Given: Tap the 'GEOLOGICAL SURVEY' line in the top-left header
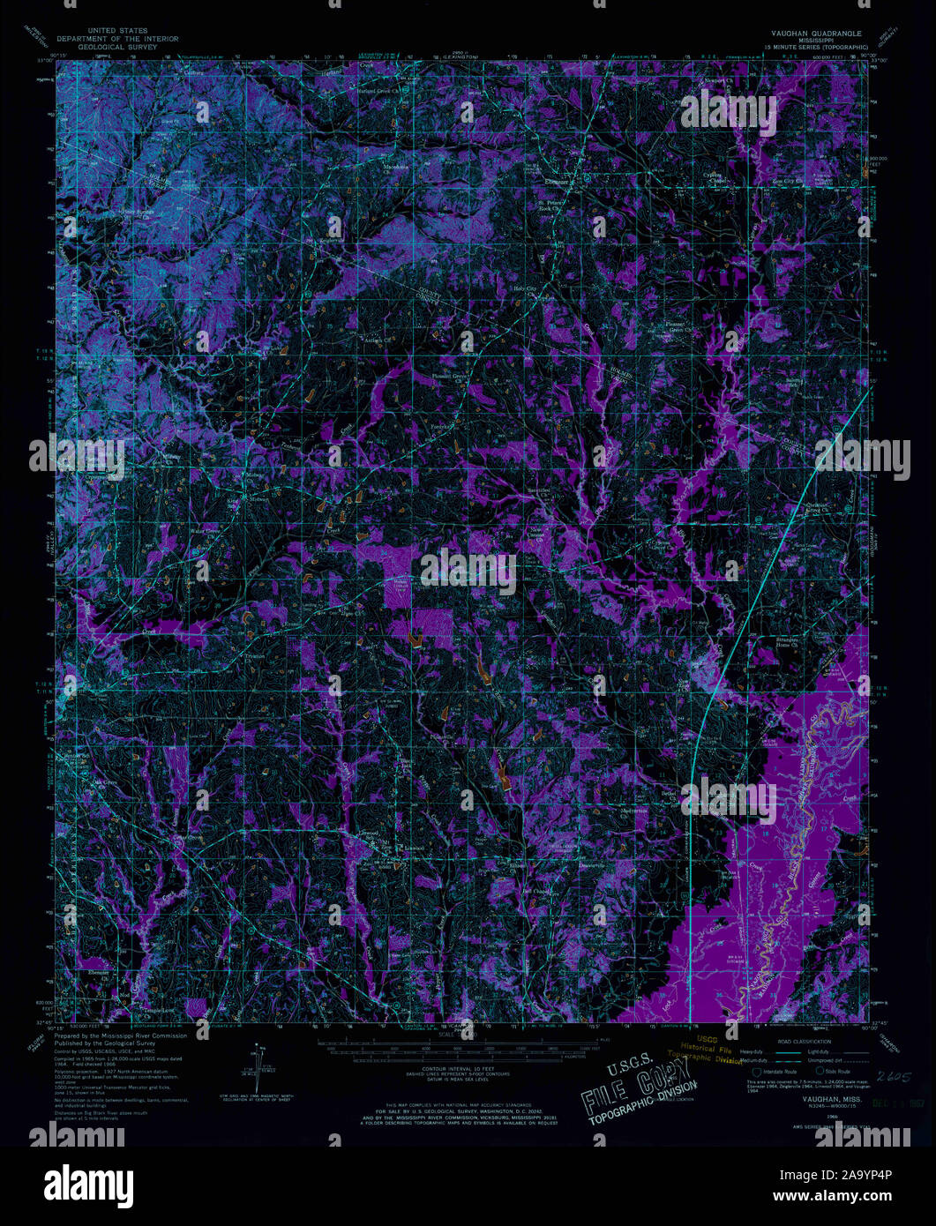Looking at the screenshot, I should [x=118, y=46].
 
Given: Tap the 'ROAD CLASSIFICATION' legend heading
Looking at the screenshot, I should [x=791, y=1041].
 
